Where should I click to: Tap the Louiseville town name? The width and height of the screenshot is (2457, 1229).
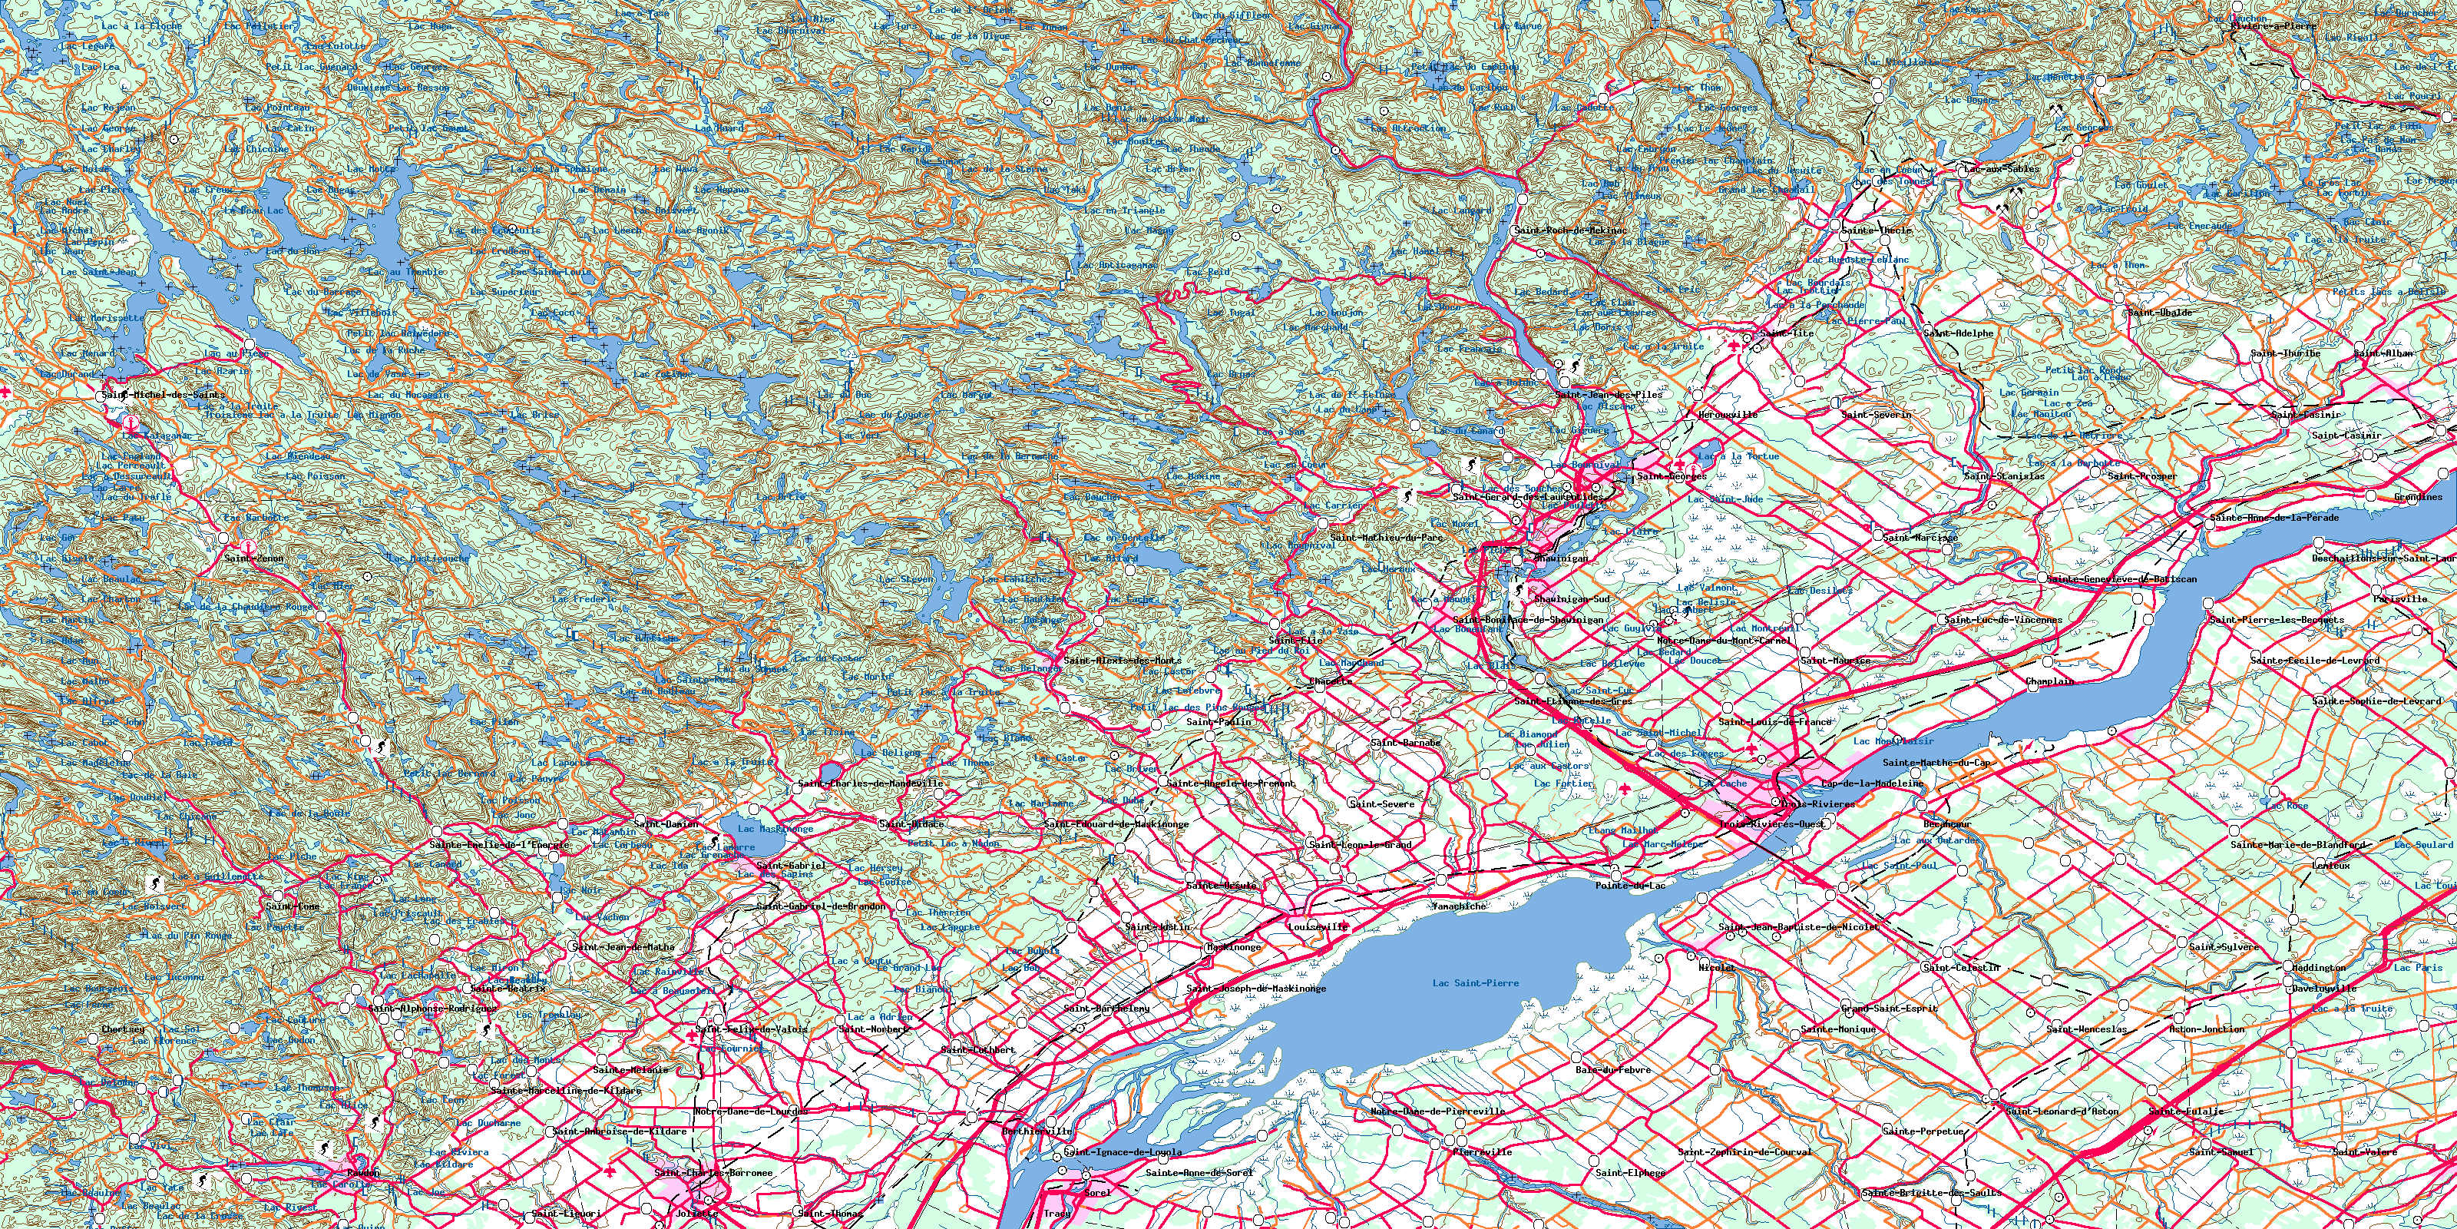tap(1318, 926)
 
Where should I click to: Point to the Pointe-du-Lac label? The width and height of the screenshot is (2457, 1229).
tap(1630, 886)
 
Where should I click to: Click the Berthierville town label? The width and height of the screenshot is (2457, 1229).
tap(1037, 1131)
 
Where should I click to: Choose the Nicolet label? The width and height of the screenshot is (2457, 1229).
tap(1717, 968)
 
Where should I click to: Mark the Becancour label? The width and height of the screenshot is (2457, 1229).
tap(1946, 823)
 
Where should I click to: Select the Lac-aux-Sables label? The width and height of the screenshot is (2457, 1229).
tap(2001, 169)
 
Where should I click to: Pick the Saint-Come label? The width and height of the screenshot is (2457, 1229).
tap(293, 906)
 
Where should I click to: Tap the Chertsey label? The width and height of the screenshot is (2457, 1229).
tap(123, 1029)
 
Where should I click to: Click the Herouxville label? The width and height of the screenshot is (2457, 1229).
tap(1728, 415)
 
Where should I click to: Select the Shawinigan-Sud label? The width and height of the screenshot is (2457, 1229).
tap(1572, 599)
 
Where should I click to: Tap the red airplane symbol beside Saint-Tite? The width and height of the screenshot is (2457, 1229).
tap(1733, 346)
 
